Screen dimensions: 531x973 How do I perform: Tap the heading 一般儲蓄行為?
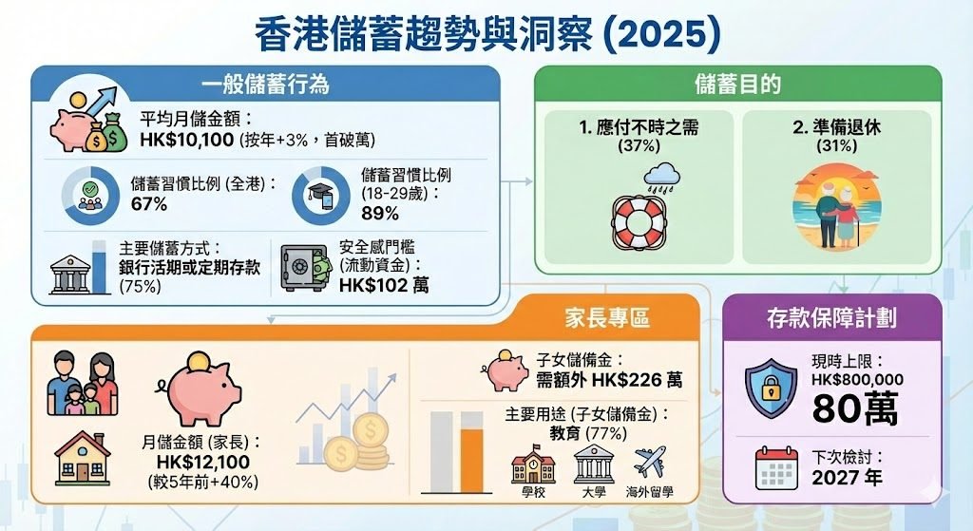pos(265,84)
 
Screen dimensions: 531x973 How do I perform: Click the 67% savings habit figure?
pos(149,203)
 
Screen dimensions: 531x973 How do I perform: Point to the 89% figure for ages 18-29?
pos(380,213)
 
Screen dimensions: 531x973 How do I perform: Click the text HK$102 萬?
pos(383,284)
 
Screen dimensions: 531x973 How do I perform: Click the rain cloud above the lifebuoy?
pos(659,175)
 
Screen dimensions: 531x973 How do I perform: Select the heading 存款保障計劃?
pos(831,318)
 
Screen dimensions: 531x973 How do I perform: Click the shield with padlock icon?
pos(771,388)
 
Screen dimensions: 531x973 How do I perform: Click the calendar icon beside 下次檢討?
pos(776,467)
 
